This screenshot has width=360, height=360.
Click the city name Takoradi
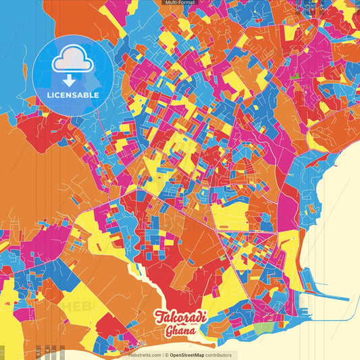pos(181,317)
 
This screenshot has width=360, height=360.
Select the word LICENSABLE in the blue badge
pos(73,95)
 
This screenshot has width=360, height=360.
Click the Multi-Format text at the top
pos(179,3)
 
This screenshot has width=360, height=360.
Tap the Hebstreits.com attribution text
pos(144,355)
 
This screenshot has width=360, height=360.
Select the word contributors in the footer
pos(219,355)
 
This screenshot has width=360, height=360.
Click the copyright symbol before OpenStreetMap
pos(166,355)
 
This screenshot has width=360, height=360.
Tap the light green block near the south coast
pos(266,329)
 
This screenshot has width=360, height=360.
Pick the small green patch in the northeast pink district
pos(294,76)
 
